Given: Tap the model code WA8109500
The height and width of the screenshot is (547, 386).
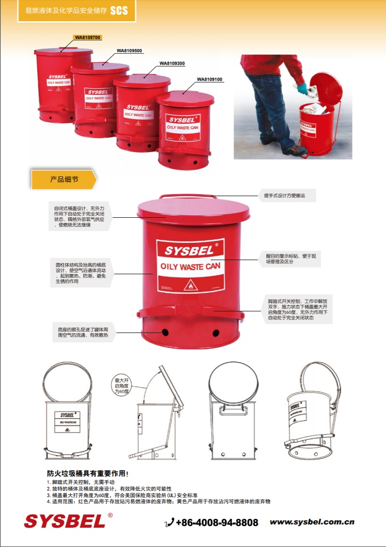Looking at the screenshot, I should click(129, 50).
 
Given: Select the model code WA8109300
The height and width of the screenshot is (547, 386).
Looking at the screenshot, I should click(172, 63).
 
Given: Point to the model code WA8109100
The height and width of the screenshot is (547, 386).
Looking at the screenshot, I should click(210, 79).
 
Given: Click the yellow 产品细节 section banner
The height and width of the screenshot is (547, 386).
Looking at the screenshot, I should click(64, 180).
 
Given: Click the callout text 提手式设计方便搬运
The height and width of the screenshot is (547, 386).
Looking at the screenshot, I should click(287, 195).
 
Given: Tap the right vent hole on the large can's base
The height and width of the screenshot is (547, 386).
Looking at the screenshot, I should click(216, 333).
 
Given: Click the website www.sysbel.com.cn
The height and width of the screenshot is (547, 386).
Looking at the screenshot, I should click(312, 522).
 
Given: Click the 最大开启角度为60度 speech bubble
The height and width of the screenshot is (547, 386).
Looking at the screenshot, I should click(121, 385).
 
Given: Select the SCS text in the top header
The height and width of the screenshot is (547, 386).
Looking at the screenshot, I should click(119, 10).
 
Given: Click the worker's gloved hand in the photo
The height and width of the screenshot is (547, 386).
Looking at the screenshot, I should click(299, 88).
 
